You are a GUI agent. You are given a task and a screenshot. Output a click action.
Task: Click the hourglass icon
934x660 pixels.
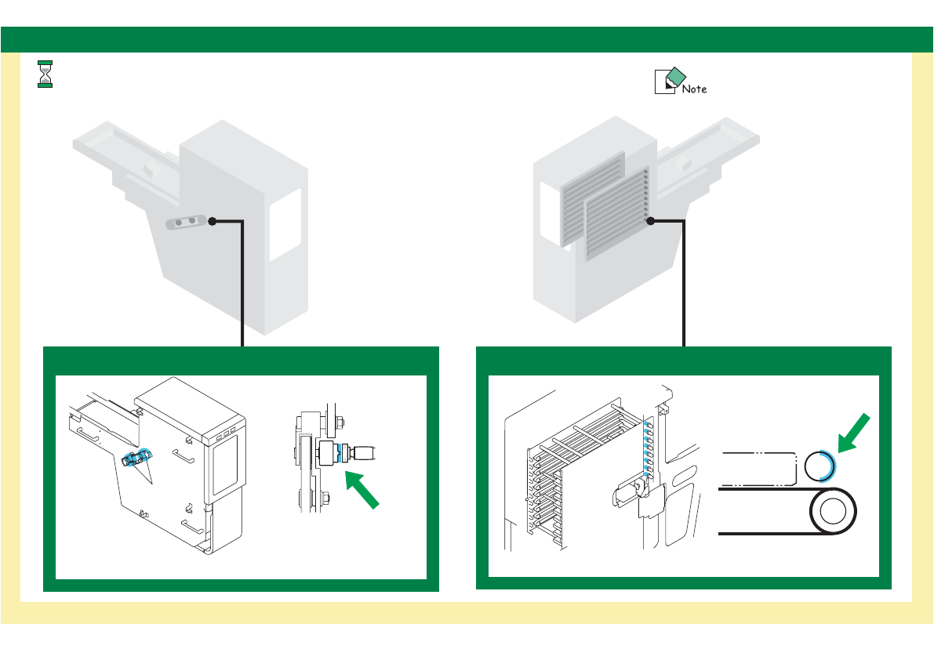45,74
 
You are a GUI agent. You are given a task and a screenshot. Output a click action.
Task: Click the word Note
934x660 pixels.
694,89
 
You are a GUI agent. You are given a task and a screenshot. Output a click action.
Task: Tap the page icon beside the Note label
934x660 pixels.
666,81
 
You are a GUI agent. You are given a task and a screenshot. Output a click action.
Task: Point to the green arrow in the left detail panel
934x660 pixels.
363,491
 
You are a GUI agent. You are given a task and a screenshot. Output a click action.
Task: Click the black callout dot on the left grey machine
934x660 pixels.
212,222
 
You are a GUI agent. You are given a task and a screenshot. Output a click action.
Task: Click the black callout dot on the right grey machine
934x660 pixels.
652,222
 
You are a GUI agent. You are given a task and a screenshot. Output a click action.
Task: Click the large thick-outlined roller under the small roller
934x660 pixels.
833,513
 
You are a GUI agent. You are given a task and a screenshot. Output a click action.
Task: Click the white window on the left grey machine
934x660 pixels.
285,224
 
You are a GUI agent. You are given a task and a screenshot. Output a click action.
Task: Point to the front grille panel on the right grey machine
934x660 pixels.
615,215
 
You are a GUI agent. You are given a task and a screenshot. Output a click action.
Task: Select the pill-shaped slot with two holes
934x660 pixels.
185,223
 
